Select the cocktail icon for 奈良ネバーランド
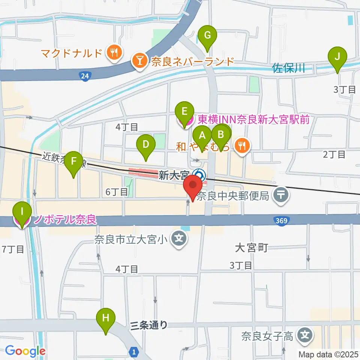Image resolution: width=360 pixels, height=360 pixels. click(139, 61)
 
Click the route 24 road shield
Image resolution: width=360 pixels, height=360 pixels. click(85, 76)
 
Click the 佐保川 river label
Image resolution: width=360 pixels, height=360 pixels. click(287, 68)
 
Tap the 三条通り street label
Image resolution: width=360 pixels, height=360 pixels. click(149, 325)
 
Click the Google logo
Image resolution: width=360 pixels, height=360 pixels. click(25, 351)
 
